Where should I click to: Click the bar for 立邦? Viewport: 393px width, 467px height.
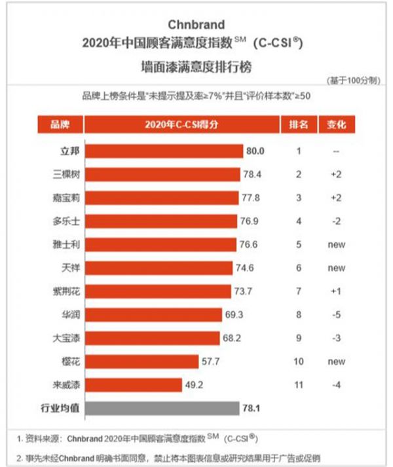pyautogui.click(x=164, y=151)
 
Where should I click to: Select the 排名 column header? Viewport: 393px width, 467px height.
pyautogui.click(x=299, y=124)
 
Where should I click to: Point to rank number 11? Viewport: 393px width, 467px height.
pyautogui.click(x=298, y=384)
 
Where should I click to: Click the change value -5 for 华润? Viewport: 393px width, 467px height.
pyautogui.click(x=335, y=314)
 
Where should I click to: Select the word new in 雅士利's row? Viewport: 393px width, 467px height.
pyautogui.click(x=335, y=244)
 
